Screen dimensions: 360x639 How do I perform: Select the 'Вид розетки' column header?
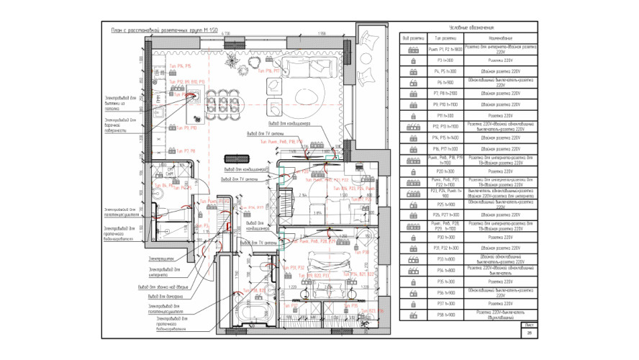(x=414, y=37)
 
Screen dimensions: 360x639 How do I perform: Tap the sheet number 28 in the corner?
(x=530, y=332)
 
